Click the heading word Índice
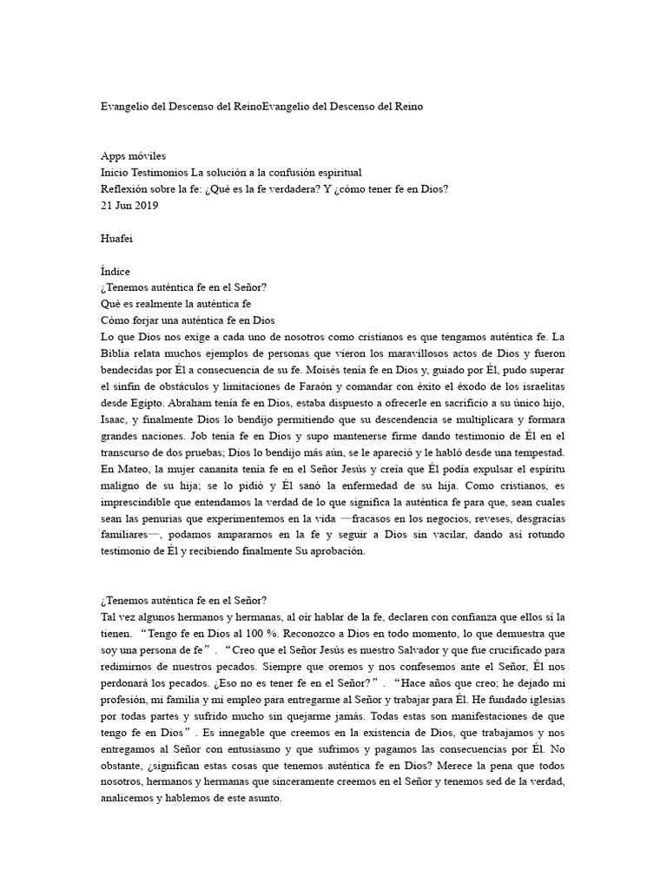point(116,271)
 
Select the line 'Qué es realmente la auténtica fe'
point(175,304)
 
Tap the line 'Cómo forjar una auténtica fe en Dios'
point(188,320)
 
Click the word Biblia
point(116,353)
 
